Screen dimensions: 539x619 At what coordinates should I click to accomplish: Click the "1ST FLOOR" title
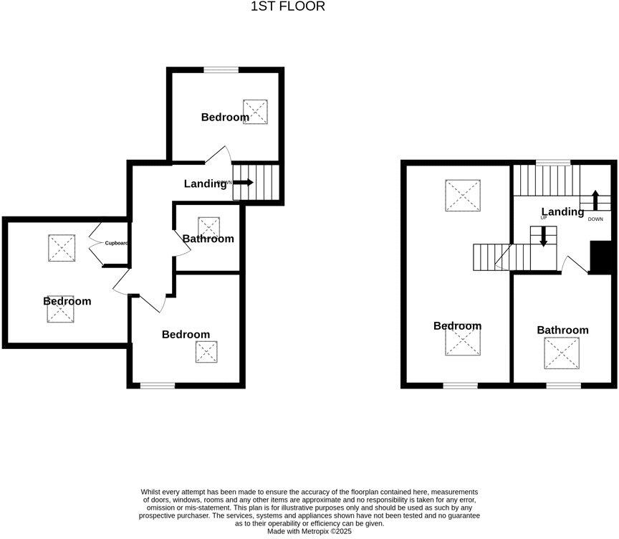pyautogui.click(x=287, y=6)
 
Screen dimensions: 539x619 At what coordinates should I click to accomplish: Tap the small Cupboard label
pyautogui.click(x=117, y=243)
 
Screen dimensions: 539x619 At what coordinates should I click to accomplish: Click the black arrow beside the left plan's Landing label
pyautogui.click(x=244, y=183)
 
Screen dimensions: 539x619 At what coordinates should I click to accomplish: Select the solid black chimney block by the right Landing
pyautogui.click(x=599, y=257)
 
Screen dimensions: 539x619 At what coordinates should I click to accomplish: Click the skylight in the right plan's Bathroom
pyautogui.click(x=561, y=353)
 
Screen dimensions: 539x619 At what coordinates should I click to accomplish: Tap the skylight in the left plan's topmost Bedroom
pyautogui.click(x=255, y=111)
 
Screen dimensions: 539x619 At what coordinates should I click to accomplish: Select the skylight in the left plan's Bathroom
pyautogui.click(x=208, y=226)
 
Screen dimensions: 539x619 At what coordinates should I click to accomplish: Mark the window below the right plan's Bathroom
pyautogui.click(x=564, y=386)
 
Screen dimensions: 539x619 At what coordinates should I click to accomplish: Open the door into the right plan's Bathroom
pyautogui.click(x=574, y=265)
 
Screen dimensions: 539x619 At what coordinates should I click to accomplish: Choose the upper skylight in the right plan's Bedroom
pyautogui.click(x=462, y=195)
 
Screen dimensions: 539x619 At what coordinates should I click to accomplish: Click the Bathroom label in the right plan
pyautogui.click(x=562, y=330)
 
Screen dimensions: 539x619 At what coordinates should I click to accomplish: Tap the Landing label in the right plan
pyautogui.click(x=562, y=211)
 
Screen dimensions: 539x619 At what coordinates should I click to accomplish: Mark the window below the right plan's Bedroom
pyautogui.click(x=460, y=386)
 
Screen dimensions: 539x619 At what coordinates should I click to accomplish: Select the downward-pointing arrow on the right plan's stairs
pyautogui.click(x=543, y=237)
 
